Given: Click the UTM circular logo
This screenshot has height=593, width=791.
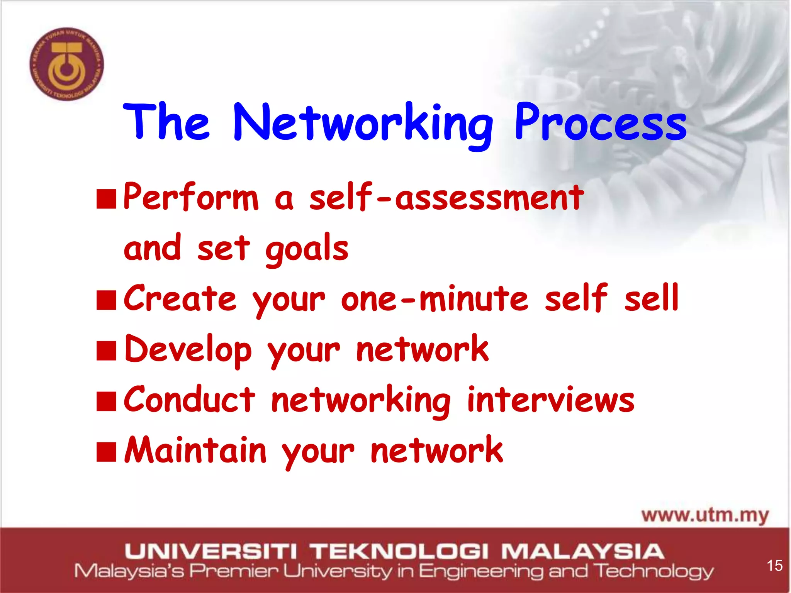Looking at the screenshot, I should click(67, 64).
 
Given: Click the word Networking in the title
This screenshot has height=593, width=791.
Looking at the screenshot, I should click(363, 124).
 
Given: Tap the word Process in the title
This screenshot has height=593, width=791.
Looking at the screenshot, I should click(600, 123).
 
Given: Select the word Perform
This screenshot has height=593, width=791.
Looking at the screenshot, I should click(191, 198).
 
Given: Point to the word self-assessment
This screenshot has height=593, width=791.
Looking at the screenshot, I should click(446, 198).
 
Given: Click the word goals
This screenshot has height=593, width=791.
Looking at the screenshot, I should click(307, 249).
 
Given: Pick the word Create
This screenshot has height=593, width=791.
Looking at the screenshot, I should click(180, 299).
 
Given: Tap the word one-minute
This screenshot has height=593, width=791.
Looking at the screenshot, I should click(434, 299).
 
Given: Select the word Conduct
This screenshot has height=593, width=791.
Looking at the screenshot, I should click(189, 400).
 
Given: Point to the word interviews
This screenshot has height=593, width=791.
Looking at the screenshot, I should click(551, 400).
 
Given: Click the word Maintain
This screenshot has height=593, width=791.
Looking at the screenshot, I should click(195, 451).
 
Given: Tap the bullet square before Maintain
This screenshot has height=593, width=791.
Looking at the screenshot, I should click(106, 452).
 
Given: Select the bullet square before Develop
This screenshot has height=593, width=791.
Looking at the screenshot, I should click(106, 351).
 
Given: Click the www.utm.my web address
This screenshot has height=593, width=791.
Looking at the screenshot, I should click(705, 516).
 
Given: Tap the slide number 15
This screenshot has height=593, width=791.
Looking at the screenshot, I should click(774, 566).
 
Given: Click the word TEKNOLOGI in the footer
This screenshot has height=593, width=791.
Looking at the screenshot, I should click(399, 551).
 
